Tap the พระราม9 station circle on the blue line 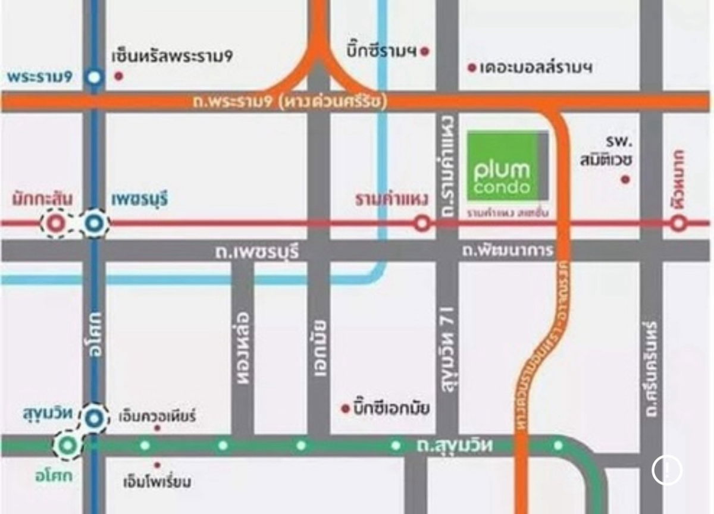point(93,77)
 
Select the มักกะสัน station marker point(56,224)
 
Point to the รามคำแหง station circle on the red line point(422,224)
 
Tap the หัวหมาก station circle point(679,224)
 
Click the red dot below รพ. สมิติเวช point(625,178)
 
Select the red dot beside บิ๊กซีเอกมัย point(345,409)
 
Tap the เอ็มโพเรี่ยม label point(156,480)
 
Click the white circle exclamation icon point(666,470)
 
